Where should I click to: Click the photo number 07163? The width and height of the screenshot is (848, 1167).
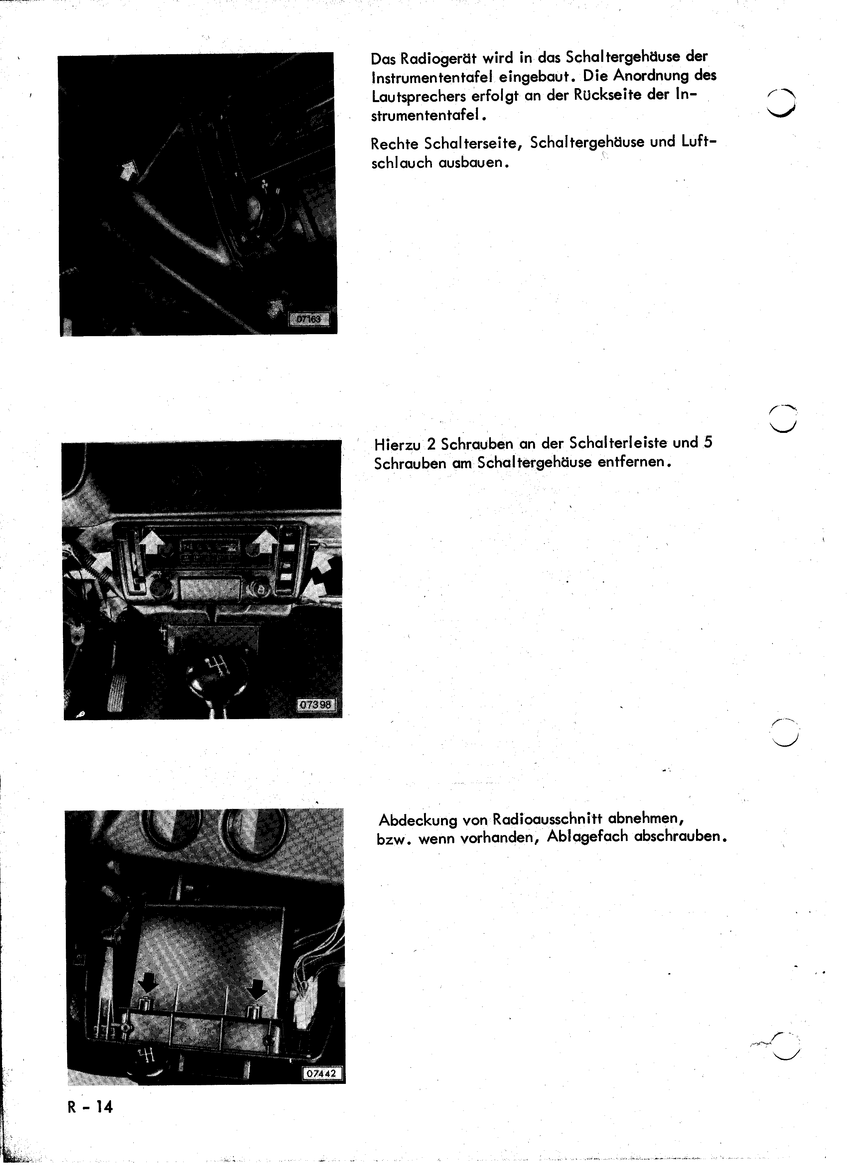pos(308,320)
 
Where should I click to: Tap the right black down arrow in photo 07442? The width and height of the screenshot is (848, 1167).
pos(256,988)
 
